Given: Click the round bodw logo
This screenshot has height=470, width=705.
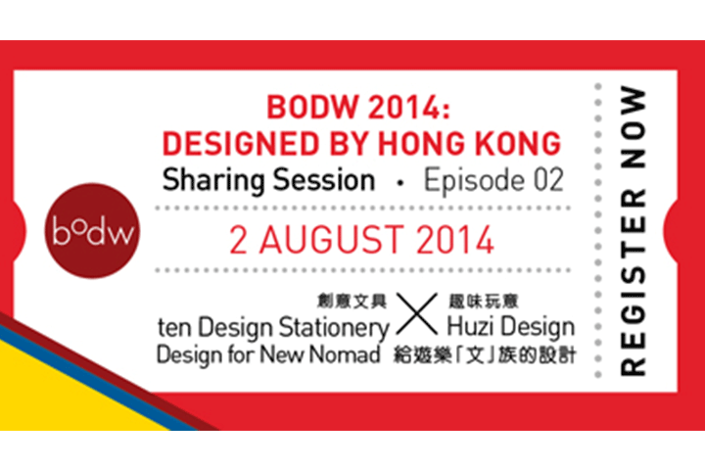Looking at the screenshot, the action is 92,231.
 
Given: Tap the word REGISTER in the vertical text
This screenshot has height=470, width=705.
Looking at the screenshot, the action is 634,282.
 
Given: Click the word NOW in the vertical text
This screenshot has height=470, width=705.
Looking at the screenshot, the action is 634,127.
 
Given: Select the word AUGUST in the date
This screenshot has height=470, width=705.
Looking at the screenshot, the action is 330,240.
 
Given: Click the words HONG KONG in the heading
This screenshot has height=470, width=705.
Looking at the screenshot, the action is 469,144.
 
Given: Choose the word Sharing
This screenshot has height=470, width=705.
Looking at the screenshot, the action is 213,181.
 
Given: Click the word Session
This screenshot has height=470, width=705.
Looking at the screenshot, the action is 324,180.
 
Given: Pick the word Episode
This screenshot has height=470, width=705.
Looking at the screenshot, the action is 474,181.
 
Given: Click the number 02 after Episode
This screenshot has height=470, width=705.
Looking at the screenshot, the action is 548,180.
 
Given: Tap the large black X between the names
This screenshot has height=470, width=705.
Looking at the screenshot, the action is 417,314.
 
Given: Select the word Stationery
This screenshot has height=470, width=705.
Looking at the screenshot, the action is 334,328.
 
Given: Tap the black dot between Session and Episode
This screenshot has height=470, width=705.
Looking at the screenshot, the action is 399,182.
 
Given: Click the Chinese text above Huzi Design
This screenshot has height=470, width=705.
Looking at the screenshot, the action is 484,302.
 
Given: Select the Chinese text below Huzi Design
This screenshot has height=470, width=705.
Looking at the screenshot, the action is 485,354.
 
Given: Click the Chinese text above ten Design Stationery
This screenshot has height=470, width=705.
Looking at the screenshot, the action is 352,302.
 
